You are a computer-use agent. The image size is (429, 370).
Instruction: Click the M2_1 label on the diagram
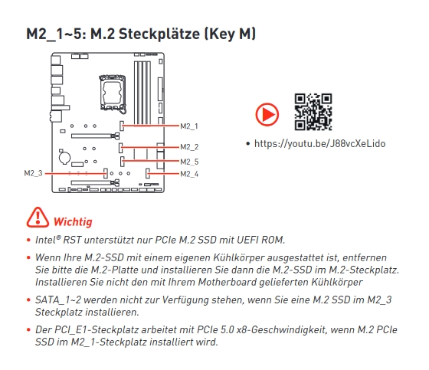(189, 126)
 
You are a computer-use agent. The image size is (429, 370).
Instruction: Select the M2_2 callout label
(189, 147)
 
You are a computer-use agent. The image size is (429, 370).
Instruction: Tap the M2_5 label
(189, 162)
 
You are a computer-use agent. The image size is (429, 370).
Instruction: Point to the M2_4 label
(189, 174)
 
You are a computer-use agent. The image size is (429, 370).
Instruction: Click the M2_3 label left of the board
(34, 173)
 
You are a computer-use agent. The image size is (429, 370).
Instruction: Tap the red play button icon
(267, 114)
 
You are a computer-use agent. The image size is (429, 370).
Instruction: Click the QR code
(313, 112)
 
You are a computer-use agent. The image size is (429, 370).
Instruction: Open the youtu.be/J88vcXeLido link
(320, 144)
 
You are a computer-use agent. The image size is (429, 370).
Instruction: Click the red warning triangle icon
(38, 218)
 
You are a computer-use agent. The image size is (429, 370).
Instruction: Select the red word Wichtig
(73, 221)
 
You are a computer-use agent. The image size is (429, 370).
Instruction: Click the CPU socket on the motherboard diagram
(113, 93)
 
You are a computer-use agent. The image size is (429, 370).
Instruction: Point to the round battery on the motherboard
(64, 158)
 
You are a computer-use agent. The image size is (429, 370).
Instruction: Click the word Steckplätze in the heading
(159, 34)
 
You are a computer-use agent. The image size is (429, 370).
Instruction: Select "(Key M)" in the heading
(230, 34)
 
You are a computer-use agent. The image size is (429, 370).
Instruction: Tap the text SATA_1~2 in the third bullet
(58, 300)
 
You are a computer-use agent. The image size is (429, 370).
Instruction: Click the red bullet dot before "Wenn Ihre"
(28, 257)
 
